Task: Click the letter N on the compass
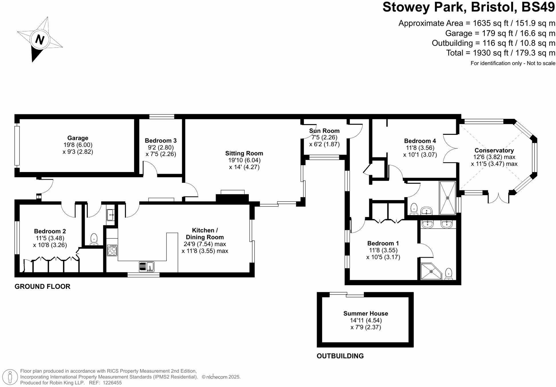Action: (x=40, y=39)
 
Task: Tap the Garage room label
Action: (x=78, y=138)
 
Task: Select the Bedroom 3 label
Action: (x=160, y=141)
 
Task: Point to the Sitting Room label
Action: (x=244, y=153)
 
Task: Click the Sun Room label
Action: (x=324, y=131)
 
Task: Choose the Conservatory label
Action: (x=494, y=150)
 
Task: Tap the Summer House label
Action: (x=366, y=313)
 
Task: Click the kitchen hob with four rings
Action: (x=112, y=250)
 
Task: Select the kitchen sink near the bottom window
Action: (x=146, y=266)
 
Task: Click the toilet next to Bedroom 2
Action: (x=94, y=239)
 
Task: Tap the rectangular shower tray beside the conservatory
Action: (x=447, y=198)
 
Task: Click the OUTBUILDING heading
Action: (x=340, y=356)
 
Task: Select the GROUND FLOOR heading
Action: (x=42, y=287)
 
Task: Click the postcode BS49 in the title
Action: (x=538, y=7)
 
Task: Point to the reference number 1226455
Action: (x=112, y=383)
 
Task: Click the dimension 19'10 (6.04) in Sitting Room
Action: (x=244, y=160)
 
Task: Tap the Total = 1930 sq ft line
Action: (x=501, y=53)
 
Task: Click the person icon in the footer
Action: (x=10, y=377)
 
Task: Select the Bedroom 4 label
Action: (x=420, y=141)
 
